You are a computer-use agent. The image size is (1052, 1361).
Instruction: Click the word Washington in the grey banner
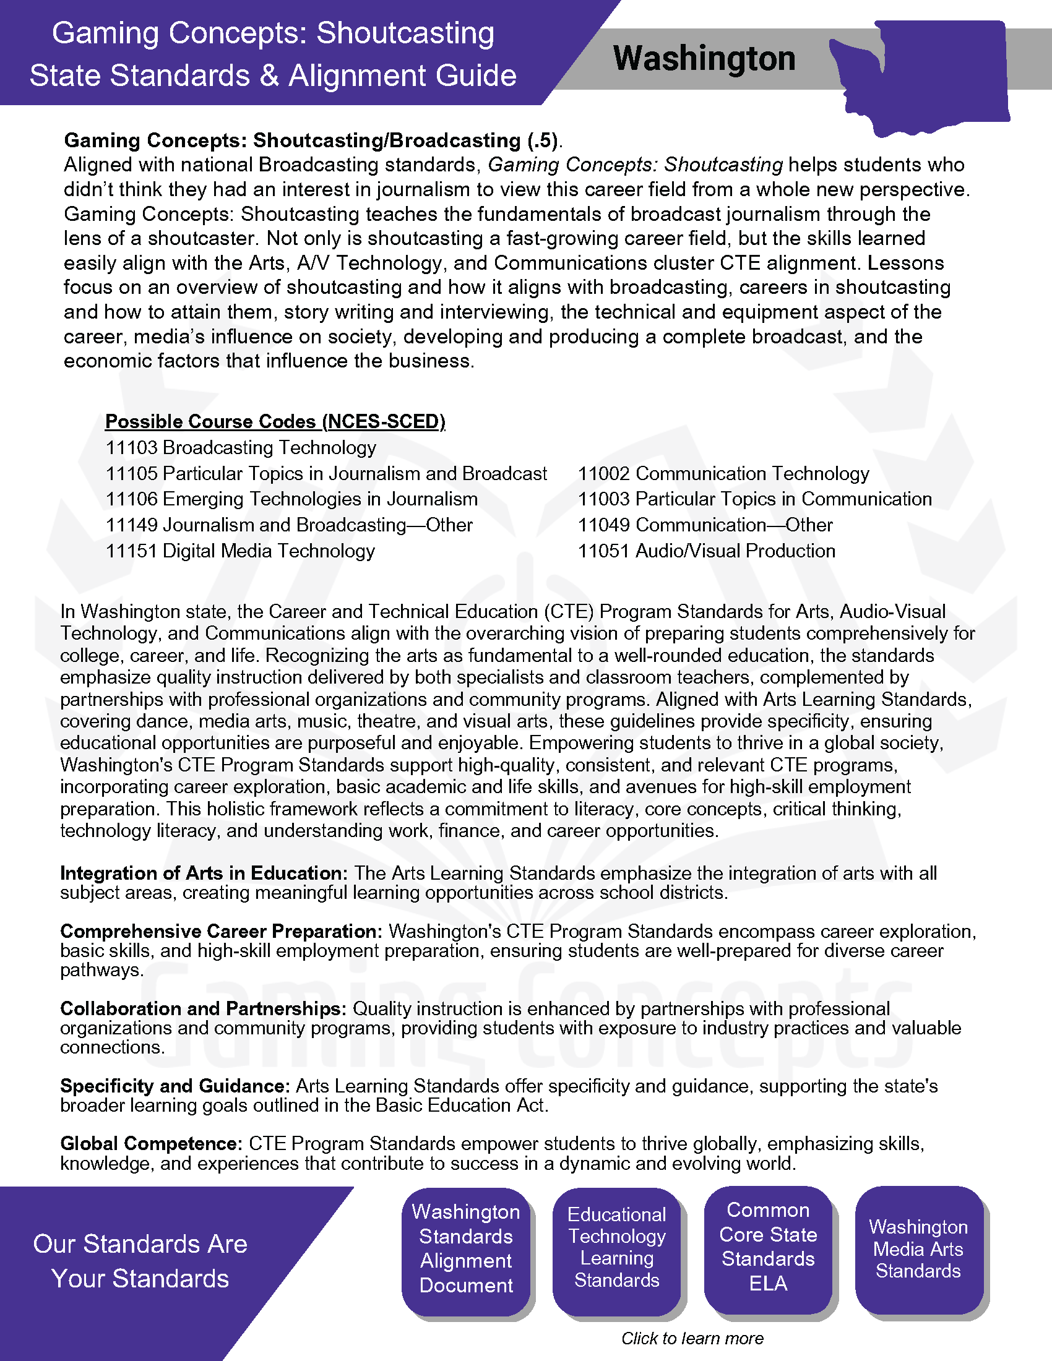pyautogui.click(x=704, y=59)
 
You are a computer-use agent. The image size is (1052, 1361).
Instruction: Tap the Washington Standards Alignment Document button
pyautogui.click(x=466, y=1248)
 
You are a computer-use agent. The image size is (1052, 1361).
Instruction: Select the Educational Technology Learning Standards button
pyautogui.click(x=617, y=1247)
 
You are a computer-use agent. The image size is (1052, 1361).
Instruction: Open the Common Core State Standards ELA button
pyautogui.click(x=768, y=1247)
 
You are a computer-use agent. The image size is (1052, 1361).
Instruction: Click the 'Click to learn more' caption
pyautogui.click(x=692, y=1338)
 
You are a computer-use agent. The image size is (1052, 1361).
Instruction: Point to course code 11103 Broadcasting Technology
pyautogui.click(x=241, y=447)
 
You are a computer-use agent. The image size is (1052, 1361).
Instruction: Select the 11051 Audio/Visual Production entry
pyautogui.click(x=706, y=551)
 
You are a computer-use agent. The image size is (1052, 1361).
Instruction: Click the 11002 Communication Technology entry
pyautogui.click(x=723, y=474)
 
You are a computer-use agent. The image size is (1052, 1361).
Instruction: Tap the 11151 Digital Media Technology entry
pyautogui.click(x=241, y=551)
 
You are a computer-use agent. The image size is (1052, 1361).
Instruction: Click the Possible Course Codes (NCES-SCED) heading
pyautogui.click(x=275, y=421)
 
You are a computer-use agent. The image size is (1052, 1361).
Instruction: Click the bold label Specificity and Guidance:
pyautogui.click(x=175, y=1086)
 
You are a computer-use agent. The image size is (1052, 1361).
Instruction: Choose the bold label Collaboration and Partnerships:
pyautogui.click(x=203, y=1008)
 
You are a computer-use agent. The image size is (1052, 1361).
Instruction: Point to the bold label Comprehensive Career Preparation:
pyautogui.click(x=222, y=931)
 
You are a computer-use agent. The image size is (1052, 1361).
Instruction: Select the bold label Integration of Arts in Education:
pyautogui.click(x=204, y=873)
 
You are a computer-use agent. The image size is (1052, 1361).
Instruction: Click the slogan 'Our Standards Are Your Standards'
pyautogui.click(x=140, y=1261)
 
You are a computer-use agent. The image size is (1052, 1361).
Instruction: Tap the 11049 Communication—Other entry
pyautogui.click(x=705, y=525)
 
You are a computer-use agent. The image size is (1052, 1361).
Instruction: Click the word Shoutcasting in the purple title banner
pyautogui.click(x=405, y=33)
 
